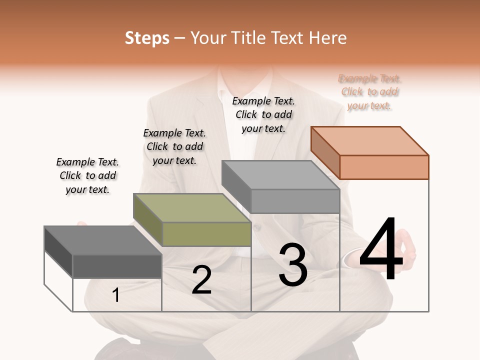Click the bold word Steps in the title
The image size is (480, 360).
(147, 38)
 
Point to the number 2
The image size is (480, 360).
(201, 280)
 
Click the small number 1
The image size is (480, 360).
(116, 295)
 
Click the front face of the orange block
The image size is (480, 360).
(384, 167)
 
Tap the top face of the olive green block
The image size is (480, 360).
(192, 207)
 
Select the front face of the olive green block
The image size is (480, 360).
(206, 234)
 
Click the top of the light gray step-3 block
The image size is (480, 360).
(280, 174)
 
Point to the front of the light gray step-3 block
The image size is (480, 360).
(295, 201)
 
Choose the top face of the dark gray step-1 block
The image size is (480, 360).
(103, 240)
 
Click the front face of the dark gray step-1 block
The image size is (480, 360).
(117, 266)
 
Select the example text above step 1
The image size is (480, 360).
(87, 175)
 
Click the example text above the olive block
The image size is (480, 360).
(174, 146)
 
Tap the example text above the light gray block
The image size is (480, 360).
(263, 114)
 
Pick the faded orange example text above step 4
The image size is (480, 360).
(370, 92)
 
